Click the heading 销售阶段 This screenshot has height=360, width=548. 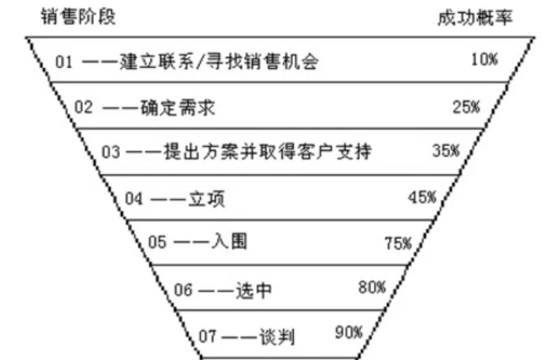(78, 16)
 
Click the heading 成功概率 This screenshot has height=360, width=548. (475, 18)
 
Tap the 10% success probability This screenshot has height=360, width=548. (484, 59)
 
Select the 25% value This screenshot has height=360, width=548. (466, 107)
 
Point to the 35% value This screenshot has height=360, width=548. (446, 150)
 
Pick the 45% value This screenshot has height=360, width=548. (422, 197)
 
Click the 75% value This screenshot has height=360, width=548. (398, 243)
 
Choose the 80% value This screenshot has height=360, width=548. (372, 287)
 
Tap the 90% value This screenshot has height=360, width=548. (349, 332)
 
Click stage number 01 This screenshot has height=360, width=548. (64, 62)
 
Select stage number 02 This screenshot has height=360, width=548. (84, 107)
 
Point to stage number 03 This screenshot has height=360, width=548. (111, 152)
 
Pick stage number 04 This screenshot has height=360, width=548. (134, 198)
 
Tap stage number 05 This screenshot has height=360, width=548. (157, 242)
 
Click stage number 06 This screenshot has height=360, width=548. (183, 289)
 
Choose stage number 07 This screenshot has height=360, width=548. (208, 336)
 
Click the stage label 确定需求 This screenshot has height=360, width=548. (178, 107)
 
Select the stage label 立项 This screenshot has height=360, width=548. (206, 199)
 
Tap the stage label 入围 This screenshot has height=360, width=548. (229, 241)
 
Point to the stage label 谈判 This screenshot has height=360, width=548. (277, 336)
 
